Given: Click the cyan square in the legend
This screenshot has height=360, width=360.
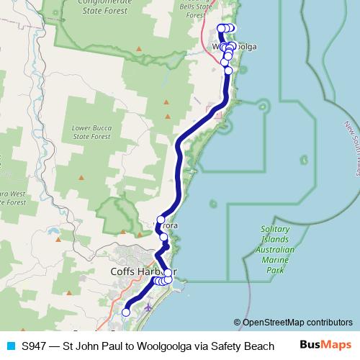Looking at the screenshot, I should pos(10,346).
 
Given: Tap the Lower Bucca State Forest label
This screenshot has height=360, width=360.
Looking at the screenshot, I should pos(91,132).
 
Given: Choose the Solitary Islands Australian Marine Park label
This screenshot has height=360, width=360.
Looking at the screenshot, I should pos(276,249).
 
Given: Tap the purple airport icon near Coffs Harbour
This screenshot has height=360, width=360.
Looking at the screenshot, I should pos(148,307).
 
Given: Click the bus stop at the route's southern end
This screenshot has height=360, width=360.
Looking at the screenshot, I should pos(126,312).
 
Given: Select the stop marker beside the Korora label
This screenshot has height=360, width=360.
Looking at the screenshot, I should pos(161,220).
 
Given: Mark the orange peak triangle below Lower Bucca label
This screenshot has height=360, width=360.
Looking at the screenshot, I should pos(81,177).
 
